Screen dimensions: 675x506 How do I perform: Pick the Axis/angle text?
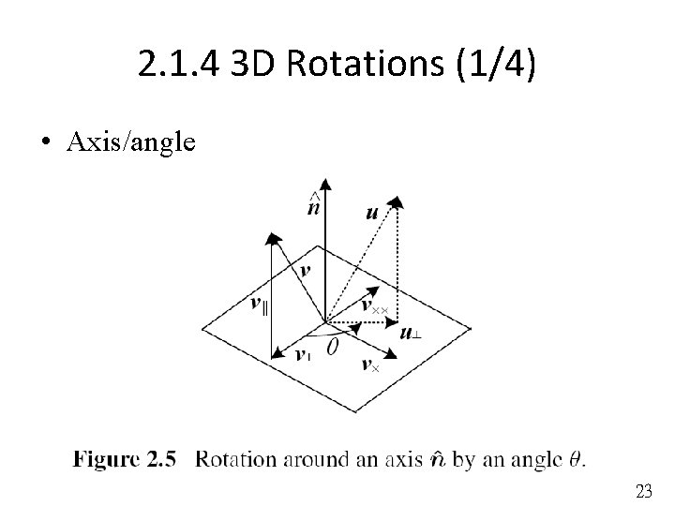pos(131,142)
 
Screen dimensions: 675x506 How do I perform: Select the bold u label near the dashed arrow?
pos(372,213)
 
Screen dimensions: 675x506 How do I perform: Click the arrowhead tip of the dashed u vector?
pos(397,200)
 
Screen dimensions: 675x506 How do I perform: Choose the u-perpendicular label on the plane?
pos(410,333)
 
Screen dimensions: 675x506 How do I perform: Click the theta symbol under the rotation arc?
pos(331,347)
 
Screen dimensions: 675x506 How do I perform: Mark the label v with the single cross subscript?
pos(370,365)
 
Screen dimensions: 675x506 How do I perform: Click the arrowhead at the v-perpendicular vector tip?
pos(276,353)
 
